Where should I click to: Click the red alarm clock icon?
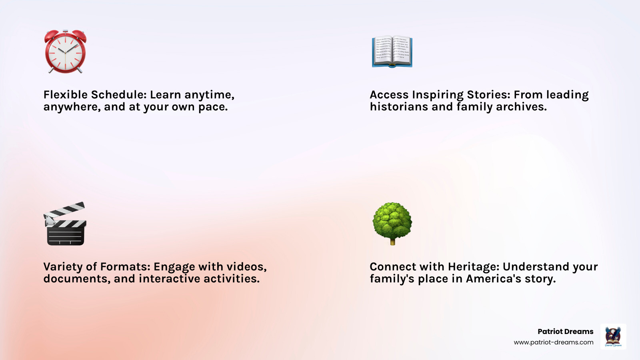[65, 52]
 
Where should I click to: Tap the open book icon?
[392, 52]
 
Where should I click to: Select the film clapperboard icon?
[65, 224]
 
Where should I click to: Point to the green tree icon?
[392, 221]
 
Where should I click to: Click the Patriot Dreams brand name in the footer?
[565, 332]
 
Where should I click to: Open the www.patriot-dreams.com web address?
[553, 342]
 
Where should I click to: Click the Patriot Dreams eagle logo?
[613, 336]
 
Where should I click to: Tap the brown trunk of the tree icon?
[392, 241]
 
